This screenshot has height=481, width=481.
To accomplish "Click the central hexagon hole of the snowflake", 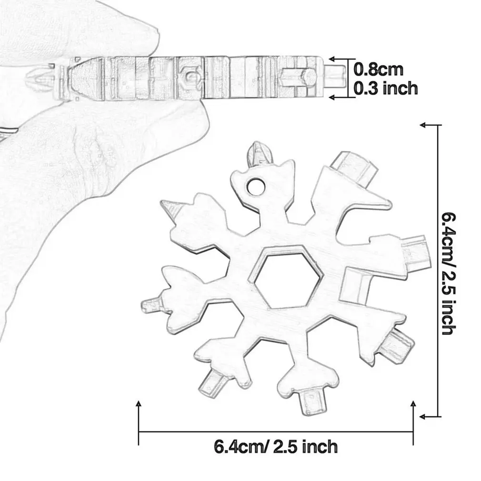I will pyautogui.click(x=285, y=278).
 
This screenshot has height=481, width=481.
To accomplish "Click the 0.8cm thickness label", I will pyautogui.click(x=379, y=70).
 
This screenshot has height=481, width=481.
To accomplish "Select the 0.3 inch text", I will pyautogui.click(x=386, y=88).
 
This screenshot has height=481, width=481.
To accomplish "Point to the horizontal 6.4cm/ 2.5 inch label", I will pyautogui.click(x=276, y=447).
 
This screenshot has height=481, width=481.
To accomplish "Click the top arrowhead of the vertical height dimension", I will pyautogui.click(x=423, y=124).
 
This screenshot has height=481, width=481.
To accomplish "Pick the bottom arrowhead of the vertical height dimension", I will pyautogui.click(x=423, y=416).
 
